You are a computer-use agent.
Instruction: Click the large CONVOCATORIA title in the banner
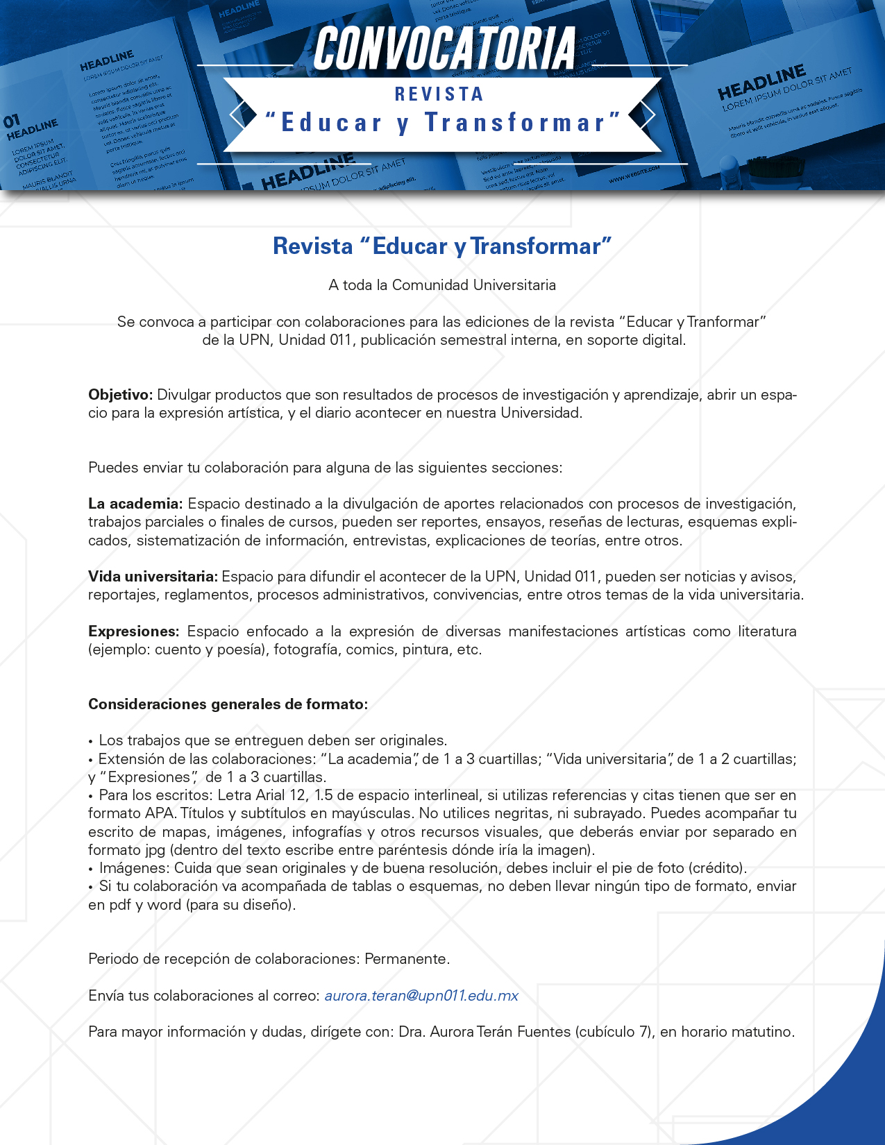(444, 49)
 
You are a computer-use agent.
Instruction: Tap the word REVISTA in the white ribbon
(439, 94)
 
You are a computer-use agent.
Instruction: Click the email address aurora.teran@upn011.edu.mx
(421, 996)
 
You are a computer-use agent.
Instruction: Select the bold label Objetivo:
(120, 395)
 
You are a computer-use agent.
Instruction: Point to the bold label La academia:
(135, 504)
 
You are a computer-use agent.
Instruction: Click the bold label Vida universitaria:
(153, 577)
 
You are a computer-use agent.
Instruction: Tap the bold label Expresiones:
(133, 631)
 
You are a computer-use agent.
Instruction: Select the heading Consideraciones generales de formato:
(228, 704)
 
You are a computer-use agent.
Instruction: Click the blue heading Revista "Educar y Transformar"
(442, 246)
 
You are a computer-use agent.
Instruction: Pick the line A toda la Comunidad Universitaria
(442, 285)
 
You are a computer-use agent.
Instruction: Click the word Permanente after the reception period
(407, 959)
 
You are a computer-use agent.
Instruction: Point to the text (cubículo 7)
(614, 1032)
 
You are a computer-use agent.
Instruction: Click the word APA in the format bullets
(160, 813)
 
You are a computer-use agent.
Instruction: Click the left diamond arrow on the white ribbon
(237, 115)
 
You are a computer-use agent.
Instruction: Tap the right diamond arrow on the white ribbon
(647, 115)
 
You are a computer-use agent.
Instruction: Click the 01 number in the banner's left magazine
(12, 122)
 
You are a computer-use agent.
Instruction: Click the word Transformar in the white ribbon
(516, 123)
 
